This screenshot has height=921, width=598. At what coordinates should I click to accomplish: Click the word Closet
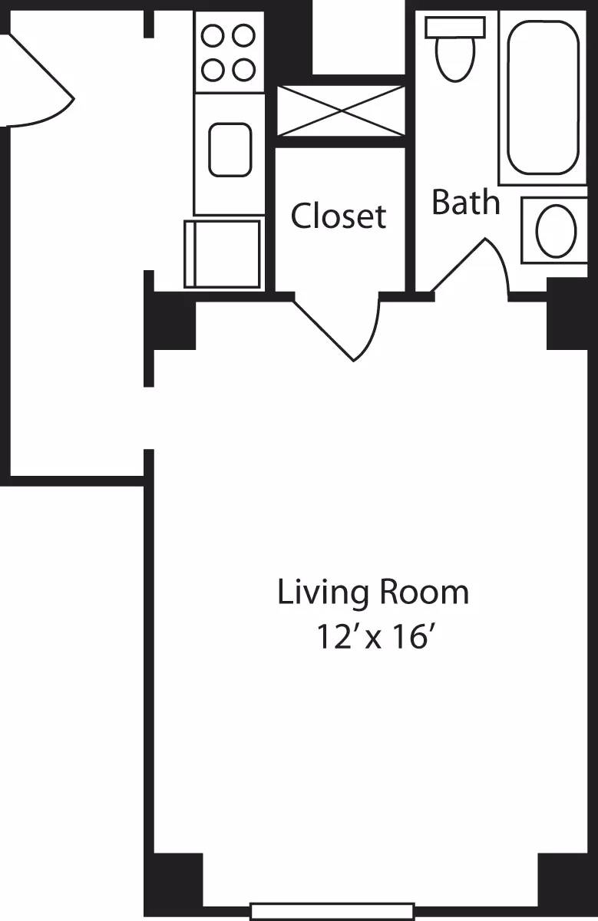click(339, 216)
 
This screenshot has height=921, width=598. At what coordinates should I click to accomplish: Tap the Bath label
click(465, 202)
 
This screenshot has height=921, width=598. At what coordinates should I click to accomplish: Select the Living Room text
click(372, 593)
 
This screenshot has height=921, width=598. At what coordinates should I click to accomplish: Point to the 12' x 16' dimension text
click(372, 637)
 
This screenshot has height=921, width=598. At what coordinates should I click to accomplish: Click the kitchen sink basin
click(230, 149)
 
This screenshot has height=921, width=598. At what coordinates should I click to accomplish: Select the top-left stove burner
click(213, 36)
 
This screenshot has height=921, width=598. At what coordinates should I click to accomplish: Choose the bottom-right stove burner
click(243, 70)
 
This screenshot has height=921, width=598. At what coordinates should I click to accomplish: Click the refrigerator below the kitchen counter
click(223, 253)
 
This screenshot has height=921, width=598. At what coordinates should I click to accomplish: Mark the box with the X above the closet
click(340, 111)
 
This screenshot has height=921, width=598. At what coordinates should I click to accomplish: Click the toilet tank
click(455, 26)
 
